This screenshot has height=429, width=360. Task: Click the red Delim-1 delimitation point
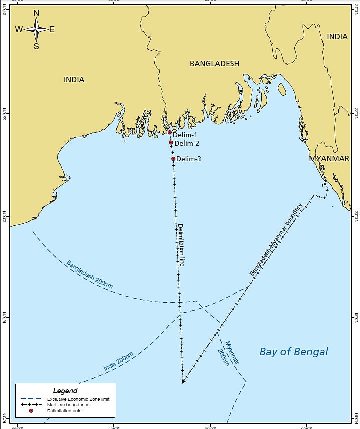click(170, 133)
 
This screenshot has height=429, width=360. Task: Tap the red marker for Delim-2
click(171, 142)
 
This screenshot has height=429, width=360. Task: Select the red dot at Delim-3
click(173, 159)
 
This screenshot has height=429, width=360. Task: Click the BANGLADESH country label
click(214, 64)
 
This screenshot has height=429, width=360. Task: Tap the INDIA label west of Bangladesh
click(74, 80)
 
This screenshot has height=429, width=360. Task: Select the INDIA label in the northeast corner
click(337, 37)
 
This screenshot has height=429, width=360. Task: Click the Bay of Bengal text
click(294, 352)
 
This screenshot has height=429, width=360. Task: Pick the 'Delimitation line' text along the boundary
click(181, 244)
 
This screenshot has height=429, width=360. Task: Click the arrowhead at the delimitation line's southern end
click(184, 381)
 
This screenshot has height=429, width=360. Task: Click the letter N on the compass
click(36, 13)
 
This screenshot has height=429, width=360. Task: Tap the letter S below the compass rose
click(36, 46)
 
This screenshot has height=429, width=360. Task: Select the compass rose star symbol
click(36, 29)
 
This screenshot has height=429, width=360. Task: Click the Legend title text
click(65, 390)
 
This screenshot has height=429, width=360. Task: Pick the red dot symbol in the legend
click(31, 411)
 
